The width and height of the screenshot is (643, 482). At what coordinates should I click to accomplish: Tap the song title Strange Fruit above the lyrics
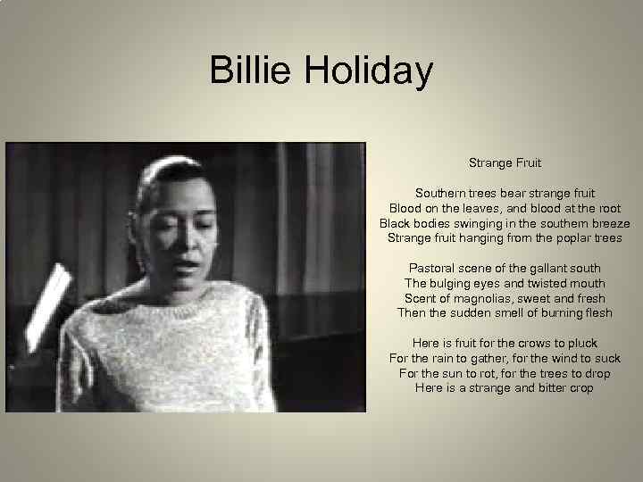point(505,162)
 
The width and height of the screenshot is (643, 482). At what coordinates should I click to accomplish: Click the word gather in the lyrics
point(482,358)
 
